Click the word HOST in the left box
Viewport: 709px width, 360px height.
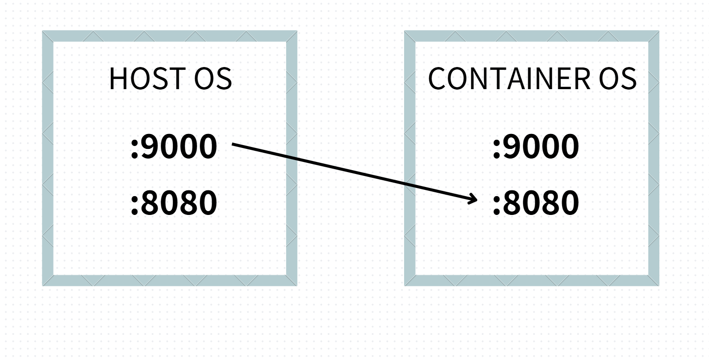click(146, 79)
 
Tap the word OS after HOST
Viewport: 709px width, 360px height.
click(212, 79)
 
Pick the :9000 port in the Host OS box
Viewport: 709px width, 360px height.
click(174, 147)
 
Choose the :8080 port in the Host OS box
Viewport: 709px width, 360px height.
click(174, 203)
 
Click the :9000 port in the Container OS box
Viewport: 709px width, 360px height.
click(536, 147)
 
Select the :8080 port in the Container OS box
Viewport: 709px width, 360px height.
click(536, 203)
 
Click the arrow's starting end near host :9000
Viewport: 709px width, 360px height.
click(234, 144)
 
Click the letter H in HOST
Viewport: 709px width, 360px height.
click(118, 79)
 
